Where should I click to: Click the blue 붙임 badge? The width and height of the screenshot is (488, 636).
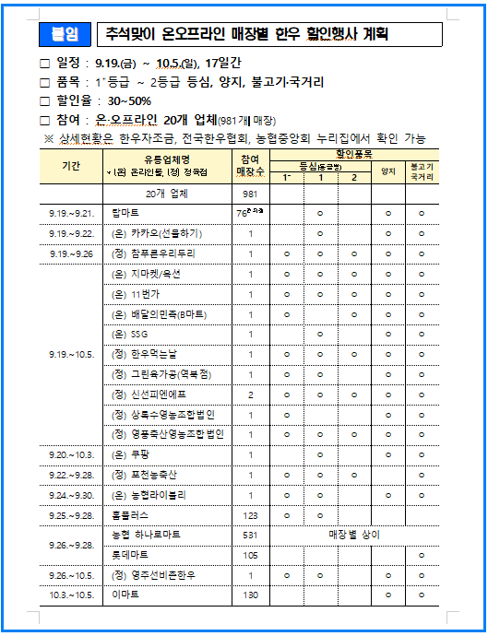click(x=65, y=35)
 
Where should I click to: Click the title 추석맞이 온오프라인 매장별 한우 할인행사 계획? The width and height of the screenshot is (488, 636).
click(x=246, y=35)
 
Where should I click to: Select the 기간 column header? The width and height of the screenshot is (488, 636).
click(x=70, y=166)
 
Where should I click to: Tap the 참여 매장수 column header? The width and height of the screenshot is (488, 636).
click(x=250, y=166)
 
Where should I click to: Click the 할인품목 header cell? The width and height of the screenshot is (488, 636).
click(x=355, y=153)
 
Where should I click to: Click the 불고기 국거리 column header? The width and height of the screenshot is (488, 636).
click(x=422, y=172)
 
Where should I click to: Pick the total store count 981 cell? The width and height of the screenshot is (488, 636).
click(x=250, y=194)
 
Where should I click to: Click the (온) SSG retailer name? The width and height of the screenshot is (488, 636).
click(x=127, y=334)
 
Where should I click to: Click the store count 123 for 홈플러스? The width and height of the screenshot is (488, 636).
click(x=250, y=514)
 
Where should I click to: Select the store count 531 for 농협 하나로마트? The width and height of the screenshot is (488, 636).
click(x=250, y=535)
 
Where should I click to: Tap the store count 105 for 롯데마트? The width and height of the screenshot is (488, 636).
click(x=250, y=555)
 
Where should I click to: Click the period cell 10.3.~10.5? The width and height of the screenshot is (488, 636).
click(x=71, y=595)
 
